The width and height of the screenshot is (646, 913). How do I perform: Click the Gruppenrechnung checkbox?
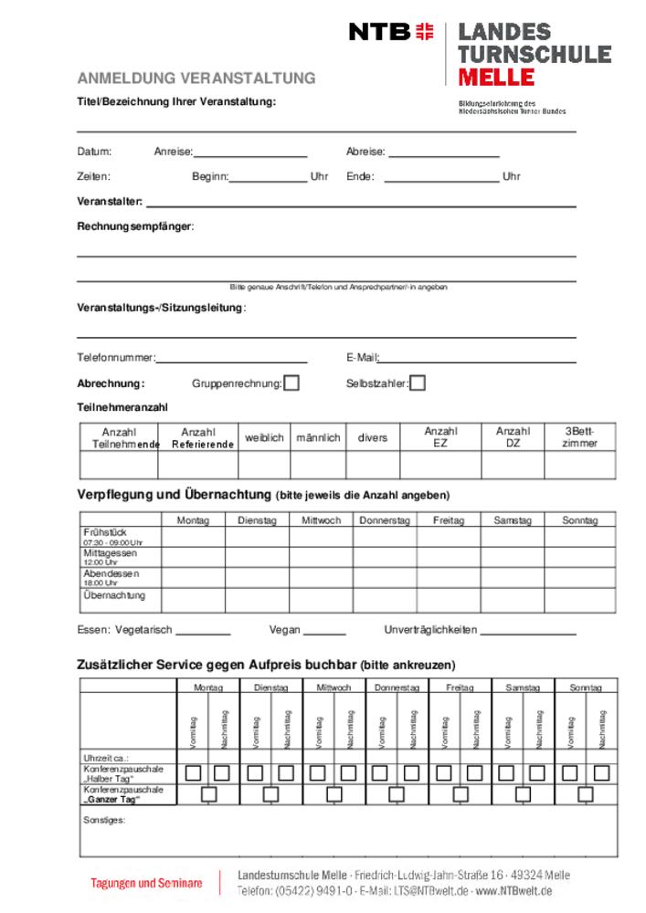tap(291, 383)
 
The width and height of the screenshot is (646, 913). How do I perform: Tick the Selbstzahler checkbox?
tap(418, 383)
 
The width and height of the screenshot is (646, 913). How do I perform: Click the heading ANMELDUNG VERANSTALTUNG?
tap(196, 79)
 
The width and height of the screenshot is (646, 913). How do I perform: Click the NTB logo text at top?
tap(379, 32)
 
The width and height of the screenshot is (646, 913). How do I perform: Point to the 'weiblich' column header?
tap(265, 438)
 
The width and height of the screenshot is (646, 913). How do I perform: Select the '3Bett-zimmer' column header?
tap(579, 437)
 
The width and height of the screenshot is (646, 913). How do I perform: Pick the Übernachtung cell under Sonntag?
tap(580, 600)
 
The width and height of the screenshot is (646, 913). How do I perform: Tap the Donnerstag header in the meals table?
tap(385, 520)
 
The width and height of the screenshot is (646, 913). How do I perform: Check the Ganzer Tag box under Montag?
tap(209, 793)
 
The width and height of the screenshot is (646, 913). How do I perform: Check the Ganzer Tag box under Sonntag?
tap(586, 793)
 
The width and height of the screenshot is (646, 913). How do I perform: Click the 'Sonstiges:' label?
tap(104, 820)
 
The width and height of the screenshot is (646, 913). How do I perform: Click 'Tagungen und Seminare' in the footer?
tap(146, 883)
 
